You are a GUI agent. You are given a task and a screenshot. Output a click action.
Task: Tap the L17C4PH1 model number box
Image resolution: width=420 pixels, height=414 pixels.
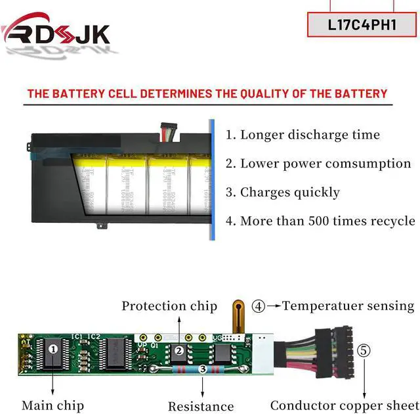(362, 25)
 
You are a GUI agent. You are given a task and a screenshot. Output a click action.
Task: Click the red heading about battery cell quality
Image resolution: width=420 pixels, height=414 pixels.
(207, 94)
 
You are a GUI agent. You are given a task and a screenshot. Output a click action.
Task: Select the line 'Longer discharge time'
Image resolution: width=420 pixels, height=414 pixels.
(303, 135)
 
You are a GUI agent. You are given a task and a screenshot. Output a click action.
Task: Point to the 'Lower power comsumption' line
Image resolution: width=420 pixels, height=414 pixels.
(318, 164)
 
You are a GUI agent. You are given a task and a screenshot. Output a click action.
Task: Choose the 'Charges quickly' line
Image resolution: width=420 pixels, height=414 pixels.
(283, 193)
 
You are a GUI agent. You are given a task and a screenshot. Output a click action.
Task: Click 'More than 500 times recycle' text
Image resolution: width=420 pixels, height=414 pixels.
(320, 221)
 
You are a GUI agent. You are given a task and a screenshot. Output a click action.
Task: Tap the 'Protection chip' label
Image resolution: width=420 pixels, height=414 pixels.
(169, 306)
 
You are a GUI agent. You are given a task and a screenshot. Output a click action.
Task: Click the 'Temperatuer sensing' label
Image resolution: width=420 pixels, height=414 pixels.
(348, 306)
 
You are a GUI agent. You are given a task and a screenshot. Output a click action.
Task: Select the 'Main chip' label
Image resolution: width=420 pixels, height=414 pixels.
(52, 405)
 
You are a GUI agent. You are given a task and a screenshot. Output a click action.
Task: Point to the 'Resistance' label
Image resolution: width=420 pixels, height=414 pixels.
(201, 406)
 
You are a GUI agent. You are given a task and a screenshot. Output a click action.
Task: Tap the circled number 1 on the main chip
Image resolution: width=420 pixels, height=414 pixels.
(52, 349)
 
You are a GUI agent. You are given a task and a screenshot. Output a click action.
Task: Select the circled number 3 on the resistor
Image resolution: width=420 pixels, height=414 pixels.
(203, 370)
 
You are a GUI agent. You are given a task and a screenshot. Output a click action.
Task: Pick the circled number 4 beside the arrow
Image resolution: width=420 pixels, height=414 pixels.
(259, 306)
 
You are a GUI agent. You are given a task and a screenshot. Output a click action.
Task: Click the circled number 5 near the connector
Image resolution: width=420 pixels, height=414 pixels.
(363, 350)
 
